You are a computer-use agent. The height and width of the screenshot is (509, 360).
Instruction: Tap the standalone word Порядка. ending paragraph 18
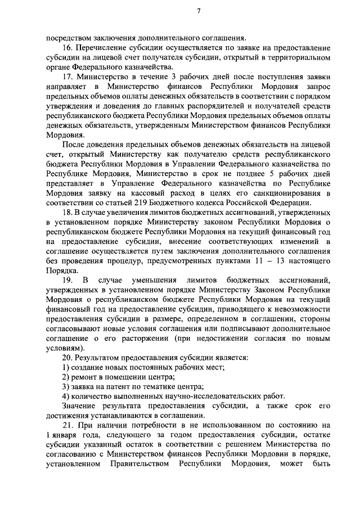60,270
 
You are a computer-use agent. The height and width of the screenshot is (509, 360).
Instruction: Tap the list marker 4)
65,395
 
